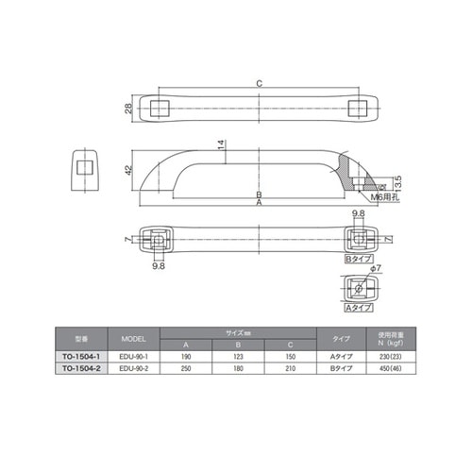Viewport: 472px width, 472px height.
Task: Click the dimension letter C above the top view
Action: [x=260, y=83]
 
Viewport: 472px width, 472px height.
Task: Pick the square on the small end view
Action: [x=86, y=167]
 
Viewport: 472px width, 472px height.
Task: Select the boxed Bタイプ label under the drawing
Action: [x=358, y=258]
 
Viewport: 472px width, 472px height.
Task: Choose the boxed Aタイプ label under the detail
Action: [x=358, y=308]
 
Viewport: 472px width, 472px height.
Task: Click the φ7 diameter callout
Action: [x=376, y=269]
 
